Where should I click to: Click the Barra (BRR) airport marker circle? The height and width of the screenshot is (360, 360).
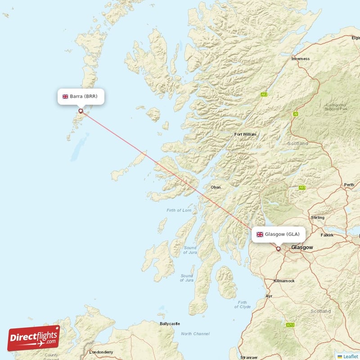pyautogui.click(x=81, y=111)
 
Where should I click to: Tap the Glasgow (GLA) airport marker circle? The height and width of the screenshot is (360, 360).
pyautogui.click(x=278, y=248)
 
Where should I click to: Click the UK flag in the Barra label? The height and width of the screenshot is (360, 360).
pyautogui.click(x=65, y=96)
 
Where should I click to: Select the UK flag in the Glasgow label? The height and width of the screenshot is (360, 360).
pyautogui.click(x=260, y=234)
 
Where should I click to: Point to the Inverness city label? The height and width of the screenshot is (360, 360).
pyautogui.click(x=301, y=59)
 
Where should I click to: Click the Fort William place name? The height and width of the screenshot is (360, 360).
pyautogui.click(x=245, y=135)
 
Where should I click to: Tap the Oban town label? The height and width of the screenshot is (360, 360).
pyautogui.click(x=216, y=187)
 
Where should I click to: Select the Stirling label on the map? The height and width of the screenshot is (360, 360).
pyautogui.click(x=318, y=218)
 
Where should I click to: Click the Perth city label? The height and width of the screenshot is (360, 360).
pyautogui.click(x=349, y=185)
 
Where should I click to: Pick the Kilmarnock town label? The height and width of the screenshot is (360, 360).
pyautogui.click(x=284, y=281)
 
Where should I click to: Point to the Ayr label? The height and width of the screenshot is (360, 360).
pyautogui.click(x=269, y=296)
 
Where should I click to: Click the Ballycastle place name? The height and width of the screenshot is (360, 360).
pyautogui.click(x=169, y=324)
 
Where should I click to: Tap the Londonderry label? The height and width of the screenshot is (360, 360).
pyautogui.click(x=101, y=352)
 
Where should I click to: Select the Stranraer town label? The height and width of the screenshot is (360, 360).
pyautogui.click(x=249, y=357)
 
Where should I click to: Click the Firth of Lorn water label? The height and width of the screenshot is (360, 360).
pyautogui.click(x=179, y=210)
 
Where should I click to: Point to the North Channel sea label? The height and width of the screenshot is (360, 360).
pyautogui.click(x=195, y=334)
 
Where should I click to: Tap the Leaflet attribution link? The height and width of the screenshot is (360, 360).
pyautogui.click(x=350, y=356)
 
